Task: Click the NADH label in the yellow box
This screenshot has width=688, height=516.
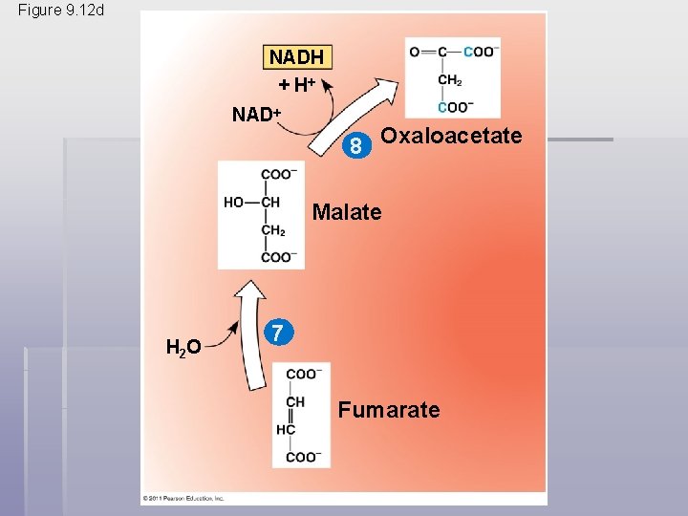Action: (x=296, y=57)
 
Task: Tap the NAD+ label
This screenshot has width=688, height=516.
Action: (x=256, y=115)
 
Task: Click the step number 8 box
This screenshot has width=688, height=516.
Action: (x=355, y=147)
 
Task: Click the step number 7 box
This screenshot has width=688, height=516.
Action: (x=275, y=333)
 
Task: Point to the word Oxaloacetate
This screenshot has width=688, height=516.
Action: (x=451, y=136)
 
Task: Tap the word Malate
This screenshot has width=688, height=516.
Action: (x=346, y=212)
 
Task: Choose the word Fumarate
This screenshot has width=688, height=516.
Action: (x=389, y=411)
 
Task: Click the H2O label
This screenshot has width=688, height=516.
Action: (x=183, y=347)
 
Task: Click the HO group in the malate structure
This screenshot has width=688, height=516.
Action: (x=235, y=203)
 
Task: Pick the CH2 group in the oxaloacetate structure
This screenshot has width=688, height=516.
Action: (x=450, y=80)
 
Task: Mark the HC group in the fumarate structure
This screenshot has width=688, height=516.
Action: (x=286, y=430)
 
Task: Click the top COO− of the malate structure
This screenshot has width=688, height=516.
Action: (x=278, y=174)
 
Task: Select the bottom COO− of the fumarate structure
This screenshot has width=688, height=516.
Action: (x=304, y=457)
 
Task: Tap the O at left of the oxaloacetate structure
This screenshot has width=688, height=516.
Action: (x=415, y=52)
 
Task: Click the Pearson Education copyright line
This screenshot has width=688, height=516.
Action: (x=183, y=498)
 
